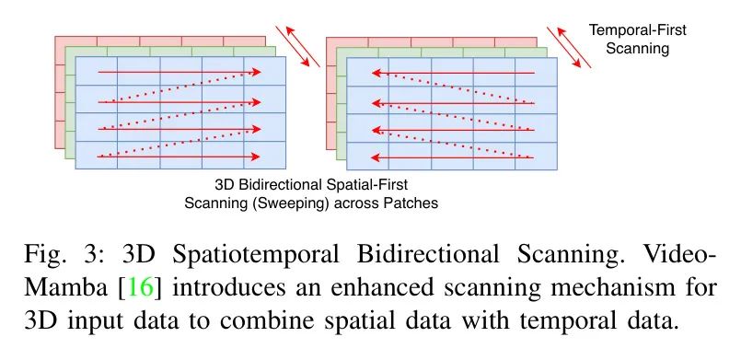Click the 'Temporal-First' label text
[637, 30]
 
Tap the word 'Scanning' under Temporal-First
[638, 49]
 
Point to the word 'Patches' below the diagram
[411, 203]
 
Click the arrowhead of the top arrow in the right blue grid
[376, 73]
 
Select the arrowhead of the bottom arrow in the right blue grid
[376, 157]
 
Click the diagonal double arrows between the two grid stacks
[298, 46]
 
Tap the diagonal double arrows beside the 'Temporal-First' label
[569, 47]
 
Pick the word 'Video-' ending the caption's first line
[681, 255]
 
